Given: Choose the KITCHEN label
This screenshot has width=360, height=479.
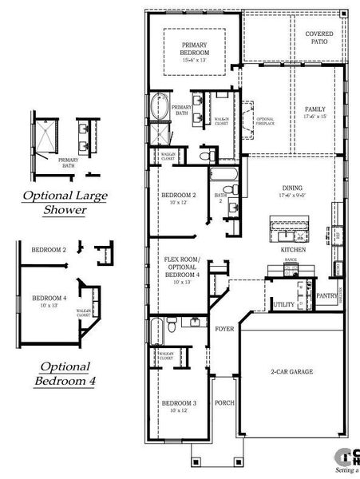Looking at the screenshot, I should point(293,250).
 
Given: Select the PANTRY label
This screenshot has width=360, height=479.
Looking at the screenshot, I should point(326,295).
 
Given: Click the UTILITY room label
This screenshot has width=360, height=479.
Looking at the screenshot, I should point(284,304).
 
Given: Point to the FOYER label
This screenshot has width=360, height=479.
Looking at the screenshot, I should point(224,328).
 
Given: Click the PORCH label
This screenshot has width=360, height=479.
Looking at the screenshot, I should point(224,402).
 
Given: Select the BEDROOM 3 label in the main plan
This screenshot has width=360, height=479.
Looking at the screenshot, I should point(178,402).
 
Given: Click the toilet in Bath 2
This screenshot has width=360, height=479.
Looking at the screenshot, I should point(229,188).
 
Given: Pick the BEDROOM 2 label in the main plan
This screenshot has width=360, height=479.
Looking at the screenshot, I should point(179,195).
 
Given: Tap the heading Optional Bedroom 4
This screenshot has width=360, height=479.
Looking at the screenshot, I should point(65,373).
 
